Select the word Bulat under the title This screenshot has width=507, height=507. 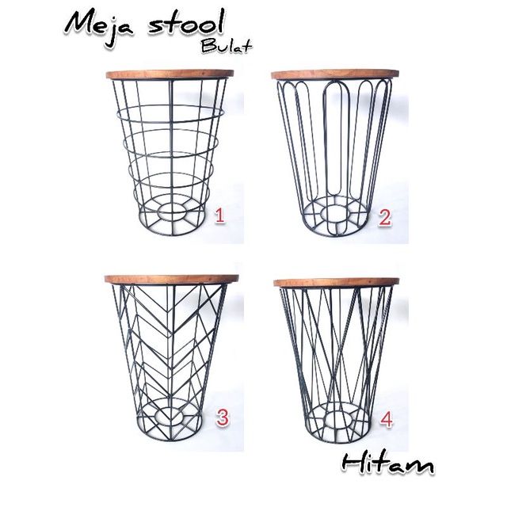227,46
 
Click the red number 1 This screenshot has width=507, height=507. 219,215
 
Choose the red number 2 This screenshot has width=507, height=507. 385,217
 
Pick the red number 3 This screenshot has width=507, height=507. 223,417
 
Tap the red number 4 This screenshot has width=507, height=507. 387,419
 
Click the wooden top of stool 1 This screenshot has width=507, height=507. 170,74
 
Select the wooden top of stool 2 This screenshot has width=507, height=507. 335,74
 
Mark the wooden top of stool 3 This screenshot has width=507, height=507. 171,280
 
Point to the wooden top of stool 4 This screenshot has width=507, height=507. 336,282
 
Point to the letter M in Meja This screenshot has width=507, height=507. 80,25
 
